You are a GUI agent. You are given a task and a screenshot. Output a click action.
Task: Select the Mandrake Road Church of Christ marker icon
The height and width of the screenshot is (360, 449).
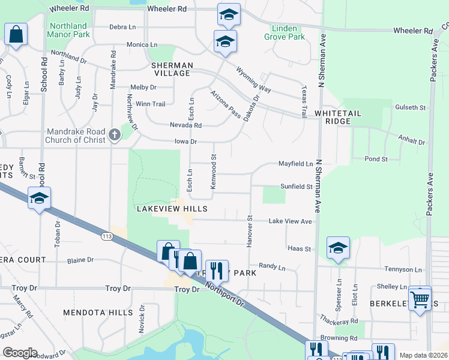(x=115, y=136)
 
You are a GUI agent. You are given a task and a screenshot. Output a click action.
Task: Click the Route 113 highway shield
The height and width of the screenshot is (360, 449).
(x=107, y=237)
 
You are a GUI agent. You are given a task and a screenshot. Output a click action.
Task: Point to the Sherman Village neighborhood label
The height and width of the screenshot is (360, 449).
(x=172, y=69)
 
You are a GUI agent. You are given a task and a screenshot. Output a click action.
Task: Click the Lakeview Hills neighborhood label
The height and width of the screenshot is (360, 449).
(x=172, y=209)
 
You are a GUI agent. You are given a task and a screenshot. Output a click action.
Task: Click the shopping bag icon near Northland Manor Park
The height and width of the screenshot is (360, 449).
(x=16, y=35)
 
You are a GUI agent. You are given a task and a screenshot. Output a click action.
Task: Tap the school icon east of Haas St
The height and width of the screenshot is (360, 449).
(x=338, y=248)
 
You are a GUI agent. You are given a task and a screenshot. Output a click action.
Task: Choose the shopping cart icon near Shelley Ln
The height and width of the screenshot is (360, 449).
(x=420, y=298)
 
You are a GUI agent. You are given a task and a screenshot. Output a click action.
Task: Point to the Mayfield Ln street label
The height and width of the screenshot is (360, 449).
(x=296, y=164)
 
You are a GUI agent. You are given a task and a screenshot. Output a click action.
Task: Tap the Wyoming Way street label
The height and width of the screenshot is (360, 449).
(x=253, y=79)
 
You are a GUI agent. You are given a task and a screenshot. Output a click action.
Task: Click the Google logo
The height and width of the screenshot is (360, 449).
(x=19, y=353)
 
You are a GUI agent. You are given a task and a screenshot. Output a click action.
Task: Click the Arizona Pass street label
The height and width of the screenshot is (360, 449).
(x=225, y=104)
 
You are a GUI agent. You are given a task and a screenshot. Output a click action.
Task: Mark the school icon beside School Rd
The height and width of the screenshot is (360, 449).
(x=39, y=198)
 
